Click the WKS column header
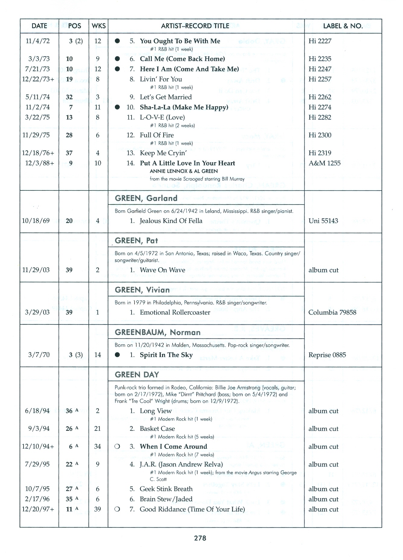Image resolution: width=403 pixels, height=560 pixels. click(x=99, y=26)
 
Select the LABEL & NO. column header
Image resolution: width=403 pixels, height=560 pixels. click(x=343, y=26)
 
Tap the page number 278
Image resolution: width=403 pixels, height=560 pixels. click(x=200, y=538)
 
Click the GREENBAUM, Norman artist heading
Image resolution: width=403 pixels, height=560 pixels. click(x=157, y=332)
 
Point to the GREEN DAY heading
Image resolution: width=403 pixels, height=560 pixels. click(x=137, y=375)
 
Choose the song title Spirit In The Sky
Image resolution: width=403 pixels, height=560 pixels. click(x=166, y=355)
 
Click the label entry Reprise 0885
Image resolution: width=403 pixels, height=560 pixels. click(x=327, y=355)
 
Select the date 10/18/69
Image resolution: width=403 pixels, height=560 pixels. click(x=36, y=221)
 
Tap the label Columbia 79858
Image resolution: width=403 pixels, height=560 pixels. click(x=332, y=312)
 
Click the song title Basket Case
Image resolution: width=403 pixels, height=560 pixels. click(x=157, y=429)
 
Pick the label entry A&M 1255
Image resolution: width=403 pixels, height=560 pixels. click(x=324, y=163)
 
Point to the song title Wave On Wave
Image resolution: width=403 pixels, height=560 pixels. click(x=162, y=270)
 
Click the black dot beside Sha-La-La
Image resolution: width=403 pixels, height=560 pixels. click(x=117, y=107)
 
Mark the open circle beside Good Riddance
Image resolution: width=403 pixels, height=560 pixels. click(x=117, y=509)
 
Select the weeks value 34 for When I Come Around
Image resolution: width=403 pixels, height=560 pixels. click(x=97, y=446)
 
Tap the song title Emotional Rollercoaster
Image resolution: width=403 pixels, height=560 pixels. click(x=175, y=312)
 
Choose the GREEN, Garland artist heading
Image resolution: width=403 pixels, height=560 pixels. click(x=146, y=198)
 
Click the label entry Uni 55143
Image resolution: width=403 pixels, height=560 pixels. click(x=323, y=221)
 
